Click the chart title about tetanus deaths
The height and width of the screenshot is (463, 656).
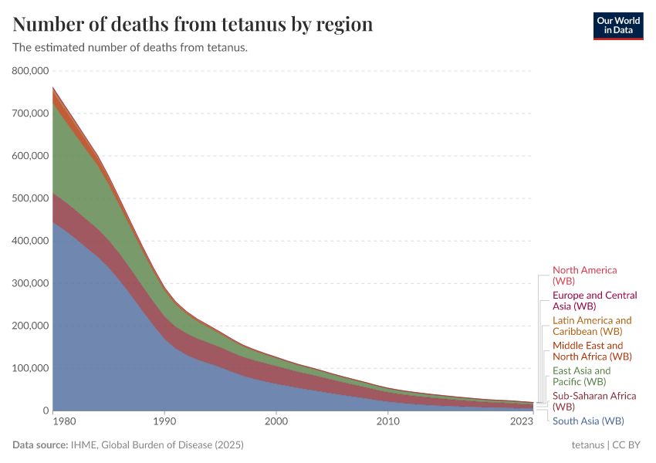point(193,25)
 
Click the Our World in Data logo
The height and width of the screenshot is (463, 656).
point(617,25)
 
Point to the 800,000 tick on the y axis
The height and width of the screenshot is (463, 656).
point(32,71)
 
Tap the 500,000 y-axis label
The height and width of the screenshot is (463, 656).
point(32,198)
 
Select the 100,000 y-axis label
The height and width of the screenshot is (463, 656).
point(32,368)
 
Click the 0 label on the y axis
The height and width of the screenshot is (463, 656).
point(46,411)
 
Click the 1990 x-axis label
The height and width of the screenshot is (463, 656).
point(164,422)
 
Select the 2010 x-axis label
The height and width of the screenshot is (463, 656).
point(387,422)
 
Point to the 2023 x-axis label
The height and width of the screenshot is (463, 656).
point(522,422)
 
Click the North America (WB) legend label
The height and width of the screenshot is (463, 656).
point(584,275)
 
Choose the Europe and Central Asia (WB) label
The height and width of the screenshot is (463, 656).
point(594,301)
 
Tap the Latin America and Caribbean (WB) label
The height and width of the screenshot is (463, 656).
point(592,326)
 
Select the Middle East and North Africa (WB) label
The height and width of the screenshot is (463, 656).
point(592,351)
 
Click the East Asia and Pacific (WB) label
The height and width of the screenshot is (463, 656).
point(581,376)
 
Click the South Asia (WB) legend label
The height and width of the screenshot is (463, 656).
point(588,421)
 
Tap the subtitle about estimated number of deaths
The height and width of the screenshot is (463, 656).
point(130,48)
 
